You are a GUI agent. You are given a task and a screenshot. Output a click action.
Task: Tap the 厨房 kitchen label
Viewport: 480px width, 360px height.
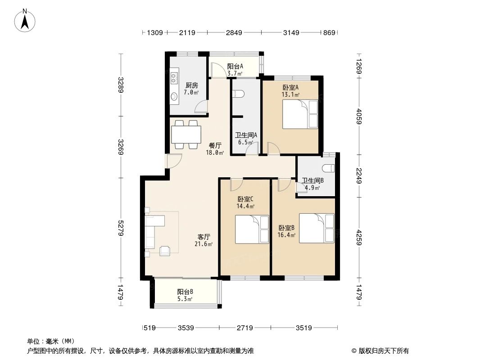pos(191,85)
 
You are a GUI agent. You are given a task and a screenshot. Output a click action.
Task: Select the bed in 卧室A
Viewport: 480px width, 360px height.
pos(300,114)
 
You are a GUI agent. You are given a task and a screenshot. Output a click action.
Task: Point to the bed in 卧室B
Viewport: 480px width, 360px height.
pos(317,228)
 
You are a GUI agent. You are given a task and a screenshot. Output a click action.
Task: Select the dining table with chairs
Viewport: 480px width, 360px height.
pos(186,134)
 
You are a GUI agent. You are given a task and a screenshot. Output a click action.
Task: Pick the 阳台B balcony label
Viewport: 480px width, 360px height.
pos(185,292)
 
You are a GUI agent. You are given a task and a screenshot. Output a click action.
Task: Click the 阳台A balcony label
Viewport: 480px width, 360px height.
pos(235,67)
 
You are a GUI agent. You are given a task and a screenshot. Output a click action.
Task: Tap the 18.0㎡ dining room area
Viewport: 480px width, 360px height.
pos(215,153)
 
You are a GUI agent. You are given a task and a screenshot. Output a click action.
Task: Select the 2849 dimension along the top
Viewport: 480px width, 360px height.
pos(234,32)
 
